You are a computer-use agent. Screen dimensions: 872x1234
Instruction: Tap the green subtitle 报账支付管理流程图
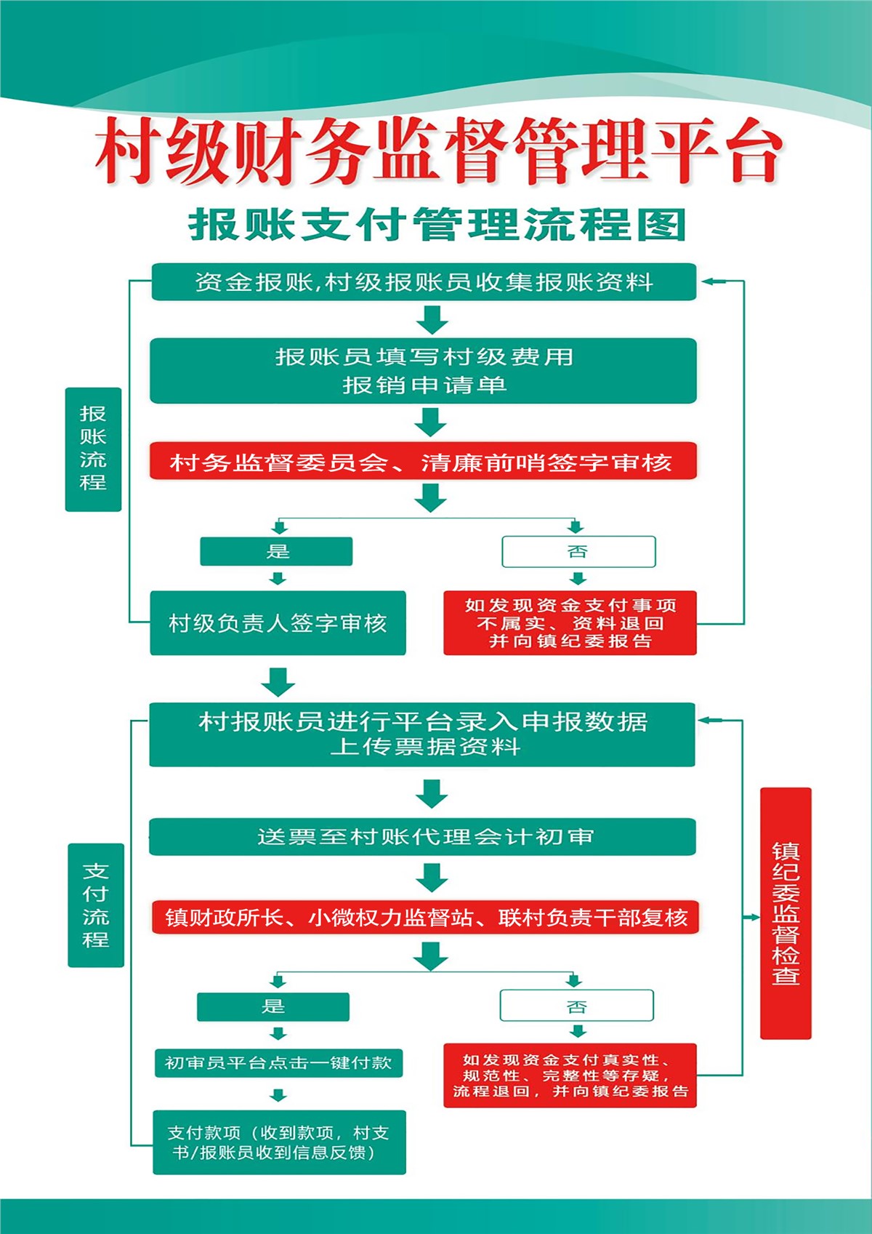(x=437, y=225)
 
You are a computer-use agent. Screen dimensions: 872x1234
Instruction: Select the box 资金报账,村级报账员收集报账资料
(x=424, y=282)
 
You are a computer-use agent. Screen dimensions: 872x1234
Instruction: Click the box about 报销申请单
(x=424, y=371)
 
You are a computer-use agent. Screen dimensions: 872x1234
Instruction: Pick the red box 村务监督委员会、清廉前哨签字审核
(x=424, y=460)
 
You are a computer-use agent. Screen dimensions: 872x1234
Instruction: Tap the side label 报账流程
(x=93, y=449)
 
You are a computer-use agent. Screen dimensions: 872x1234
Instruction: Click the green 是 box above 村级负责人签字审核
(x=276, y=551)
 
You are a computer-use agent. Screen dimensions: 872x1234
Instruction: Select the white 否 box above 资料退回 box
(x=578, y=551)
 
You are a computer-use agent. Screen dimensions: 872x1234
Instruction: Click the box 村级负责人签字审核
(x=278, y=623)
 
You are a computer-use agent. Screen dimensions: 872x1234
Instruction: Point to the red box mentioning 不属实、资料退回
(x=570, y=623)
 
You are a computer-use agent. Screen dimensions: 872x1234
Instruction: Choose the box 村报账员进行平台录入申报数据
(x=422, y=735)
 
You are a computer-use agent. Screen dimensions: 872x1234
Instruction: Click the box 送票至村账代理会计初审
(x=423, y=837)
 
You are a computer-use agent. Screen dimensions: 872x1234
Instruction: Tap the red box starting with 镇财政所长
(x=426, y=917)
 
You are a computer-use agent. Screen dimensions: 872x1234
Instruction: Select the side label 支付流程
(x=96, y=905)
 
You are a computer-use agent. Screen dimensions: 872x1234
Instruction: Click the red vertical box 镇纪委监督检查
(x=786, y=913)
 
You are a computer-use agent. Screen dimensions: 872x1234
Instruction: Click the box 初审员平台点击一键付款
(x=278, y=1062)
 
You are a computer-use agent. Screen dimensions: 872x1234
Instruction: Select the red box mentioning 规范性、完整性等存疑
(x=570, y=1075)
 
